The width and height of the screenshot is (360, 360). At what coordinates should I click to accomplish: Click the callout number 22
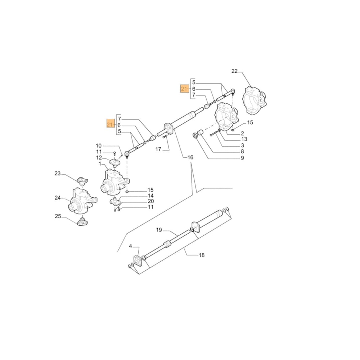[x=234, y=71]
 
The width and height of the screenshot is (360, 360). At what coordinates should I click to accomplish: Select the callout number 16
[x=190, y=157]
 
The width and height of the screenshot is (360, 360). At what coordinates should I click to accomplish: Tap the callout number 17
[x=158, y=149]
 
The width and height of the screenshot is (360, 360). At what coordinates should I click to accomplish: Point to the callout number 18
[x=202, y=255]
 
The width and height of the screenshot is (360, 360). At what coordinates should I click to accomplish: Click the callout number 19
[x=159, y=230]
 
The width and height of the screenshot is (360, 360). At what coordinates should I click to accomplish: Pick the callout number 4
[x=131, y=247]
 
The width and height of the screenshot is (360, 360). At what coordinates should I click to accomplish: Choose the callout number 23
[x=58, y=174]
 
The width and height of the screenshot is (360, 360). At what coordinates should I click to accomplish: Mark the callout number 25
[x=58, y=216]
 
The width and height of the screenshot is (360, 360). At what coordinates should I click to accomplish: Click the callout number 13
[x=244, y=139]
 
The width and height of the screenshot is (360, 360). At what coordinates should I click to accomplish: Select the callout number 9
[x=242, y=158]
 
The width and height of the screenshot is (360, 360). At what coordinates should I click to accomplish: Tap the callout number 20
[x=150, y=201]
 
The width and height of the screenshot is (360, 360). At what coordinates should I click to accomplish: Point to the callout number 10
[x=99, y=145]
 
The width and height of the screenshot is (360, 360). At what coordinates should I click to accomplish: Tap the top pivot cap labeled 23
[x=82, y=180]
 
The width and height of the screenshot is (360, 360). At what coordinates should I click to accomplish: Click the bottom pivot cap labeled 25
[x=82, y=221]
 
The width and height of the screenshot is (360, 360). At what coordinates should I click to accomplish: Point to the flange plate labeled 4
[x=138, y=261]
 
